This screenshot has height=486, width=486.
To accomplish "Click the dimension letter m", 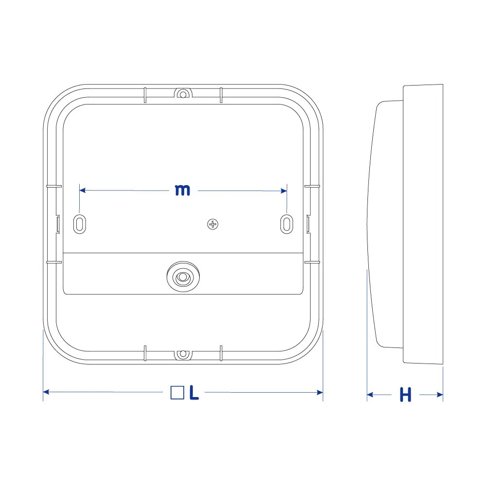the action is pos(182,190).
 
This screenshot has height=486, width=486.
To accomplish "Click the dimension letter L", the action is pos(194,393).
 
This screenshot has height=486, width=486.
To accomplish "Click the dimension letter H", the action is pos(405,395).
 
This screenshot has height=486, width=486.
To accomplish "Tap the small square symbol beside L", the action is pos(177,392).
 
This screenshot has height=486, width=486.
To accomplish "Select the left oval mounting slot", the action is pos(80,224).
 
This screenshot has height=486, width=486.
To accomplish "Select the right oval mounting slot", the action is pos(287,224).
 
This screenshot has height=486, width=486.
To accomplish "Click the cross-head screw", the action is pos(213,224).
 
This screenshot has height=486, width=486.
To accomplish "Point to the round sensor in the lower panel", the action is pos(183,277).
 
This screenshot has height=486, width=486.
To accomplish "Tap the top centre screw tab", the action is pos(183,93).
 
